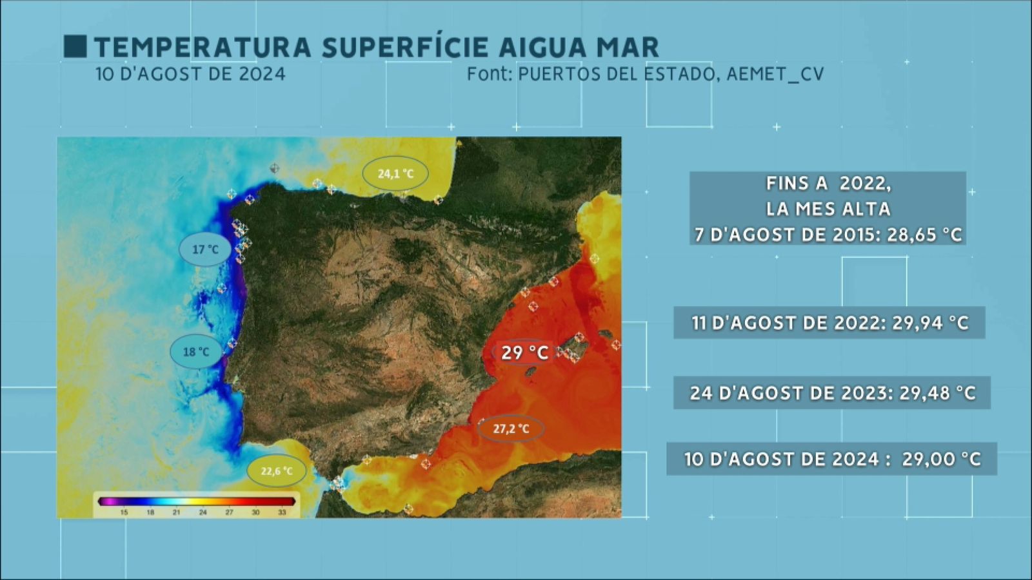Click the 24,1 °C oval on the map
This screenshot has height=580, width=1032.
tap(395, 173)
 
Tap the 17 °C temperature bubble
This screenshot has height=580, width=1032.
tap(205, 249)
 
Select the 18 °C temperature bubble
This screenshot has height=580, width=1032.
tap(196, 352)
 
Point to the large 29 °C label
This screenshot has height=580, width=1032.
tap(524, 353)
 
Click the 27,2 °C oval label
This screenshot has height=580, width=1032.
tap(511, 429)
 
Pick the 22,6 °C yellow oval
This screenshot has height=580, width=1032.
tap(277, 471)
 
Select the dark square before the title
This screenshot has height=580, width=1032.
tap(75, 47)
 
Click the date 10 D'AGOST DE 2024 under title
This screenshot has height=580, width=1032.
tap(190, 74)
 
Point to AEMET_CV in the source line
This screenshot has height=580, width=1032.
tap(775, 74)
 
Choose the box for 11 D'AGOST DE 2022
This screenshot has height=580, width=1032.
tap(829, 323)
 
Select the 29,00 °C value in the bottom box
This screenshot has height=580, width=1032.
tap(941, 459)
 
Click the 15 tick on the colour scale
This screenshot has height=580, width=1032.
tap(124, 512)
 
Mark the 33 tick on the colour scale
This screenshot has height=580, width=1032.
tap(282, 512)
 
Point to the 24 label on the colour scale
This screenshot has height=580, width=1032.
tap(203, 512)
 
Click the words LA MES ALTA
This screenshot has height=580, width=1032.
tap(828, 209)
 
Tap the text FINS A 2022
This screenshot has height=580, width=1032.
tap(828, 184)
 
